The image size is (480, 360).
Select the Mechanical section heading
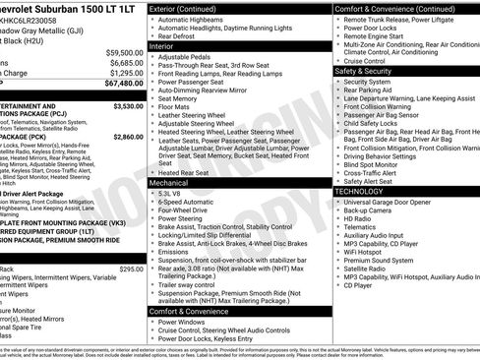171,183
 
